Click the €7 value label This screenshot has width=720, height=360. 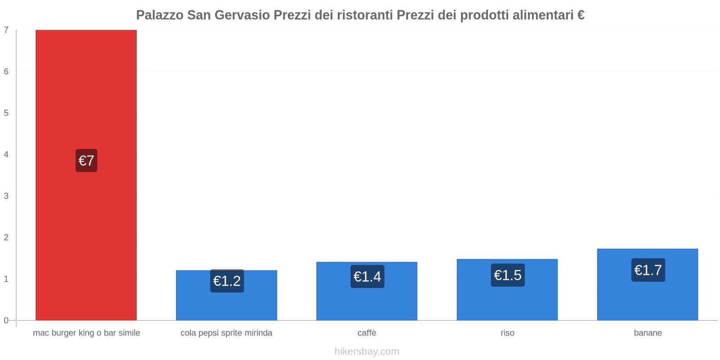[86, 161]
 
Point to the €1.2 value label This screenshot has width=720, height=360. [227, 281]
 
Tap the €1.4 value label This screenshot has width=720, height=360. [367, 276]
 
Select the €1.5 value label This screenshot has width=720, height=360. [508, 275]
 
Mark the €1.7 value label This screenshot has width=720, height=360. [648, 270]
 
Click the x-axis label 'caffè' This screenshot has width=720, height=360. [367, 333]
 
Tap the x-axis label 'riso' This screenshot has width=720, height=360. [507, 333]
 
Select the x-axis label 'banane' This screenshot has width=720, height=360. [648, 333]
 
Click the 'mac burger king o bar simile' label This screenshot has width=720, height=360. [86, 333]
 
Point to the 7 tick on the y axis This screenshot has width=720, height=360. [6, 30]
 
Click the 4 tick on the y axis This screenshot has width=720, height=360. [6, 154]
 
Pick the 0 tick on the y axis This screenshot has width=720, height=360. [6, 320]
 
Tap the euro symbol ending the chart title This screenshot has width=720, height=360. [580, 15]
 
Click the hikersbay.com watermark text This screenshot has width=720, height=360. [367, 351]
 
